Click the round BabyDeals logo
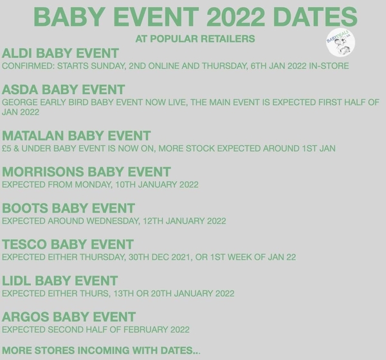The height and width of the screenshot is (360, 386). point(340,43)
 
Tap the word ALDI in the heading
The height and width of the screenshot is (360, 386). point(17,53)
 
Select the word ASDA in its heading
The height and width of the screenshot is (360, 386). point(20,90)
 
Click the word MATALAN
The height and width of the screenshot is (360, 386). point(33,136)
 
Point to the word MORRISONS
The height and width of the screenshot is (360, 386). point(43,172)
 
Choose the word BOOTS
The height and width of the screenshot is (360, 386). point(25,208)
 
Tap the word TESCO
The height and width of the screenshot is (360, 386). point(24,244)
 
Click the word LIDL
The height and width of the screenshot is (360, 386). point(17,281)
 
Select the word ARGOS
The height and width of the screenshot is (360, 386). point(25,317)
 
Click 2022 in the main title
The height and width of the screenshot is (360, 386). point(236,17)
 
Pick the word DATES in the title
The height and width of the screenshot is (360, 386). point(315,17)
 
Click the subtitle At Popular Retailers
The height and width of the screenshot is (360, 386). point(195,39)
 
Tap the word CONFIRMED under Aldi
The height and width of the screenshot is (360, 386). point(28,66)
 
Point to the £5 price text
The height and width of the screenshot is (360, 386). point(6,148)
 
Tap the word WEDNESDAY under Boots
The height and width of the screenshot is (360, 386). point(113,221)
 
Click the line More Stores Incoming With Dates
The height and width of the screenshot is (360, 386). point(101,350)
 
